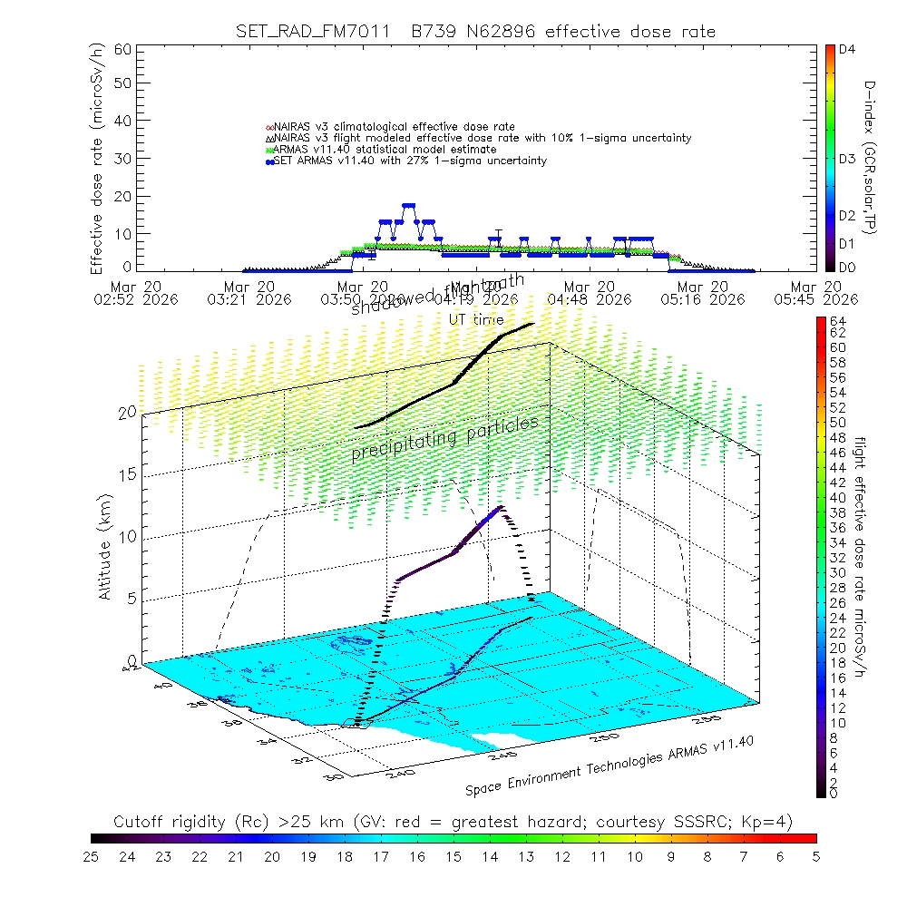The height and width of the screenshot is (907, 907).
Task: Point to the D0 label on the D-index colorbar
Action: (x=848, y=268)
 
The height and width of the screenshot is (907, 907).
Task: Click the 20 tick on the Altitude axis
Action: (x=126, y=413)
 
